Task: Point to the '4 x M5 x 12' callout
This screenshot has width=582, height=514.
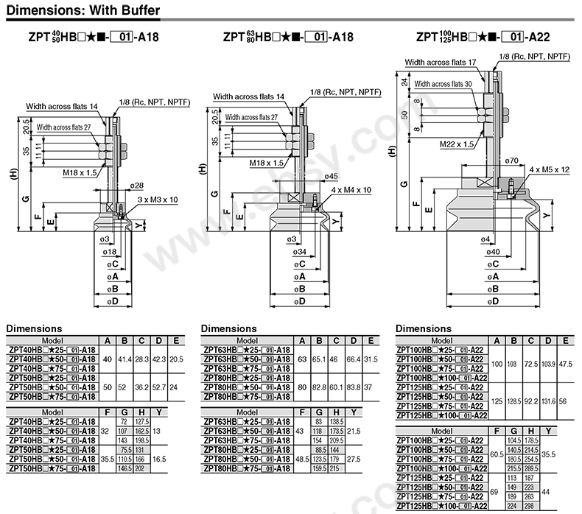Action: point(549,170)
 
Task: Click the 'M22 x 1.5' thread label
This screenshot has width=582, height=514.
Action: point(456,144)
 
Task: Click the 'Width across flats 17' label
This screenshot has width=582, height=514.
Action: point(441,64)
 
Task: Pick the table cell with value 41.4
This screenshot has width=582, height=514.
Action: point(125,358)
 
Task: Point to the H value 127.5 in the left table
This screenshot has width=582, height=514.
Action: point(143,420)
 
